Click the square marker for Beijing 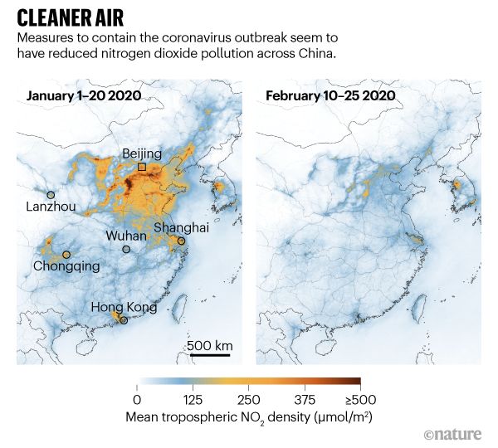[x=142, y=167]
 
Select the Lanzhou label [x=51, y=207]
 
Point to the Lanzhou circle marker [x=51, y=194]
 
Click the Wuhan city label [x=126, y=236]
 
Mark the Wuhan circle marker [x=126, y=249]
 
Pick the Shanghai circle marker [x=181, y=241]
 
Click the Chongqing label [x=66, y=266]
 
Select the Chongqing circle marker [x=66, y=255]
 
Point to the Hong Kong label [x=124, y=307]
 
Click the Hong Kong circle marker [x=124, y=320]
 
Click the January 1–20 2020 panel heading [x=83, y=96]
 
